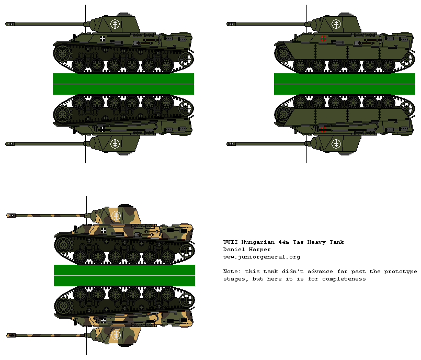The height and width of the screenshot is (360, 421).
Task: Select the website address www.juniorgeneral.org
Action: coord(261,257)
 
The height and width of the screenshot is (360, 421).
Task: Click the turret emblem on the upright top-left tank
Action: coord(116,24)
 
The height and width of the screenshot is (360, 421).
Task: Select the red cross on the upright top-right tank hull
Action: coord(324,38)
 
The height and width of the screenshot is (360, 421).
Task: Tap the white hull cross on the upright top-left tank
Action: coord(103,38)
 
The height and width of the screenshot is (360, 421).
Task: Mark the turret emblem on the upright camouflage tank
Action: coord(116,215)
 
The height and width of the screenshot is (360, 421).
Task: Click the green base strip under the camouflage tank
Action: coord(124,275)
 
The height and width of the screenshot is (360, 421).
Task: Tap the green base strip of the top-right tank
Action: coord(345,84)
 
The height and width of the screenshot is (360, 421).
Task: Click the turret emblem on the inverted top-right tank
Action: coord(336,143)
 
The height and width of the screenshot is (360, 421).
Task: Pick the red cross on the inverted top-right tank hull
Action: coord(324,129)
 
